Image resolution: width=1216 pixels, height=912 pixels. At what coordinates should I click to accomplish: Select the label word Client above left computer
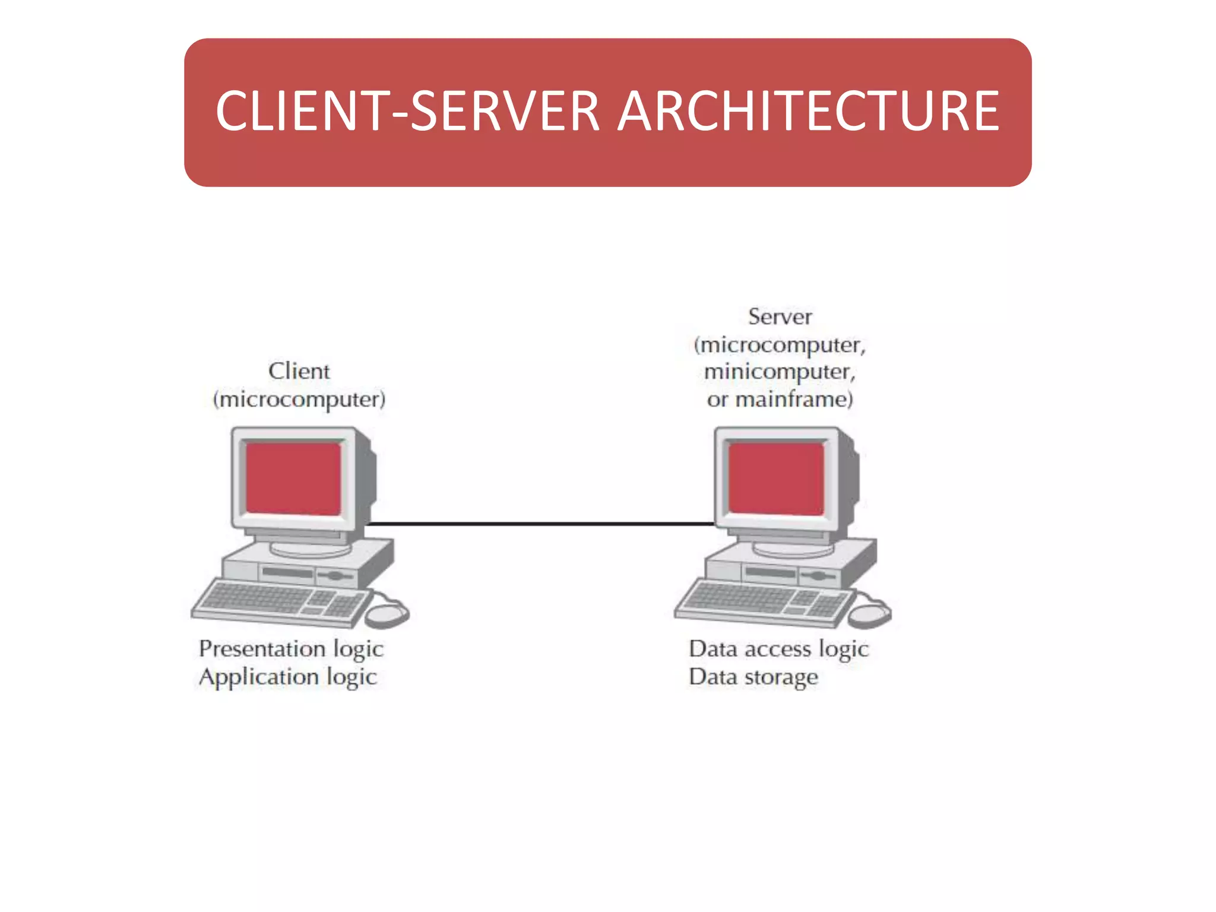click(x=299, y=371)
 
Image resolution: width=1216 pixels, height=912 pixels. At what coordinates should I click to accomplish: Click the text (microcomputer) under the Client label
click(x=299, y=399)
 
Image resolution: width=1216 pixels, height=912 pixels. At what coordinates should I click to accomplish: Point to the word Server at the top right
click(x=779, y=316)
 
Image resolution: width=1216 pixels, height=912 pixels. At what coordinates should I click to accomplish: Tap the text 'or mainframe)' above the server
click(x=779, y=399)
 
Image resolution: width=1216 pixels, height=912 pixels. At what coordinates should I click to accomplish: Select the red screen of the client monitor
click(x=293, y=479)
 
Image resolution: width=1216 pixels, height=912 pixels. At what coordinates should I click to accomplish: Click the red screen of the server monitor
click(x=775, y=479)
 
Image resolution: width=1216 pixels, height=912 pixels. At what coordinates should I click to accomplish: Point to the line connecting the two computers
click(x=540, y=524)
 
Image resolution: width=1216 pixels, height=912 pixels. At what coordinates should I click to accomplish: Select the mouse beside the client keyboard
click(x=387, y=614)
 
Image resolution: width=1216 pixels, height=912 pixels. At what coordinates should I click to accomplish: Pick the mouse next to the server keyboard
click(x=869, y=614)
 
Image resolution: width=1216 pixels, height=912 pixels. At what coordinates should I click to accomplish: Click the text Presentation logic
click(x=291, y=649)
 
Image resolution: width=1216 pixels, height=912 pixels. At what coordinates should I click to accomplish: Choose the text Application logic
click(x=287, y=677)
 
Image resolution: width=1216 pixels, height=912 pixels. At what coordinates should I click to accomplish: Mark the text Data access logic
click(x=778, y=649)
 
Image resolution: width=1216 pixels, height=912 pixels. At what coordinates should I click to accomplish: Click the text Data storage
click(x=753, y=677)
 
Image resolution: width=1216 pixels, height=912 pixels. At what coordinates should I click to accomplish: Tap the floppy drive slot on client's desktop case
click(x=287, y=572)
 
